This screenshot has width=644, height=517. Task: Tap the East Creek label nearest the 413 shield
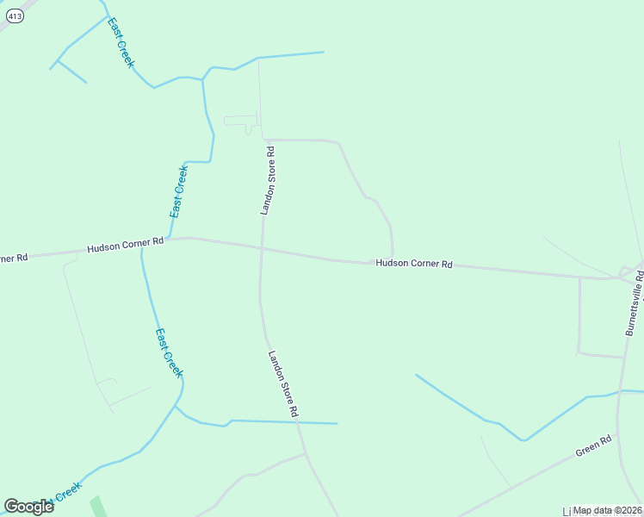pyautogui.click(x=121, y=43)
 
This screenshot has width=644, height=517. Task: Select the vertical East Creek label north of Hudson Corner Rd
pyautogui.click(x=178, y=190)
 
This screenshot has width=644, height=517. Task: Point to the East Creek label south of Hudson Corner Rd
pyautogui.click(x=169, y=352)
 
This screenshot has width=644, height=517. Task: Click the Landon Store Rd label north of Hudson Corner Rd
pyautogui.click(x=268, y=180)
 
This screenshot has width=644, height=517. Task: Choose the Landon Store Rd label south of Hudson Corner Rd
pyautogui.click(x=282, y=384)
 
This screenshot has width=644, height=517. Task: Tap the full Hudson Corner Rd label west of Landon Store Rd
pyautogui.click(x=125, y=246)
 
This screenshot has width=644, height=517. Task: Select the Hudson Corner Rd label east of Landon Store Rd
pyautogui.click(x=413, y=264)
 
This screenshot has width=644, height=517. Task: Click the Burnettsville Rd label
pyautogui.click(x=635, y=302)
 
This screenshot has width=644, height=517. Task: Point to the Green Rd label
pyautogui.click(x=593, y=445)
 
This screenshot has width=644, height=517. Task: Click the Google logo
pyautogui.click(x=28, y=507)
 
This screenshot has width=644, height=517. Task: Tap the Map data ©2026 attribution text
pyautogui.click(x=608, y=510)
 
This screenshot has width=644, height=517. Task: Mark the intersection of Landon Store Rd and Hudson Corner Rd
pyautogui.click(x=261, y=248)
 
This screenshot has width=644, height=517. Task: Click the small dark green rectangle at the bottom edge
pyautogui.click(x=96, y=507)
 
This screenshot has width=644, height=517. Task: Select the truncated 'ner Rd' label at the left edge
pyautogui.click(x=15, y=258)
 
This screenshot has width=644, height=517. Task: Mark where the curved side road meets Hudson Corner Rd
pyautogui.click(x=393, y=259)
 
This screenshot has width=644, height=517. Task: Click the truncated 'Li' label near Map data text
pyautogui.click(x=567, y=511)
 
